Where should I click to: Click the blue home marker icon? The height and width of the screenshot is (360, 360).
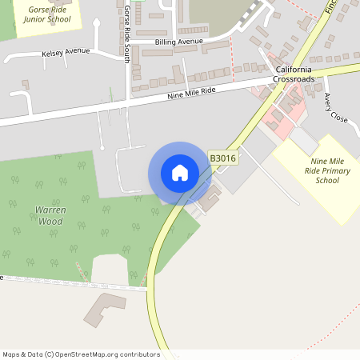(180, 173)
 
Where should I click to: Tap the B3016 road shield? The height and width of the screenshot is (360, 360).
(222, 158)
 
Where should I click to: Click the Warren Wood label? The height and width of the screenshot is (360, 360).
(50, 214)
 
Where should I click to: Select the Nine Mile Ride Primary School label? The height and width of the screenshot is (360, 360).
(327, 170)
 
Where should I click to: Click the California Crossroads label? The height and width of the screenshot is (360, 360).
(293, 74)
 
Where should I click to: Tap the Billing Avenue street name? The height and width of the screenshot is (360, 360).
(180, 40)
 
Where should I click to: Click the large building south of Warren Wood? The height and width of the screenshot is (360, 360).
(105, 309)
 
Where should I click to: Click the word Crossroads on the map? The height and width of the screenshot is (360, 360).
(293, 80)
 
